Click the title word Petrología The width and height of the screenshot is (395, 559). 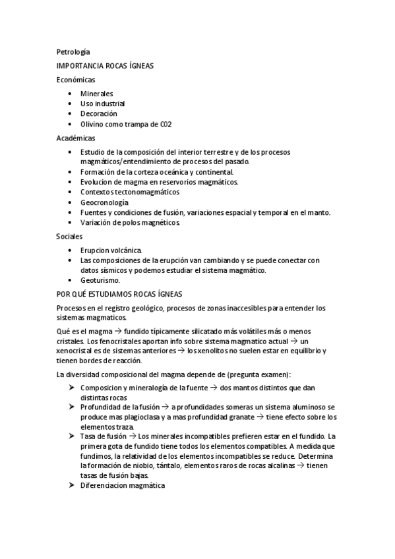73,51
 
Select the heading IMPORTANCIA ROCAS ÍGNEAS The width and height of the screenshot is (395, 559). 106,66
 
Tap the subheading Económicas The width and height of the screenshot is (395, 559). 76,80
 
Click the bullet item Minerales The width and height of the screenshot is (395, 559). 97,94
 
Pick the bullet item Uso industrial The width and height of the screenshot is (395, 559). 103,103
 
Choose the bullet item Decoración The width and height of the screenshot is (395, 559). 99,113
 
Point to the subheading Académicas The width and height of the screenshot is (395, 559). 76,138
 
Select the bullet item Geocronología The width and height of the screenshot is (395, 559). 105,202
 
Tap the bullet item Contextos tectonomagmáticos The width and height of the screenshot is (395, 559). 130,192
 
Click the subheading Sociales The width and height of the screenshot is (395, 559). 71,236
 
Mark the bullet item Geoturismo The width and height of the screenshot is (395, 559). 100,279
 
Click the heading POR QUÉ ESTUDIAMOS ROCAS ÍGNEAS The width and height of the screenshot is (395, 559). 119,294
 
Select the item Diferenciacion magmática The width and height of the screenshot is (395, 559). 123,485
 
